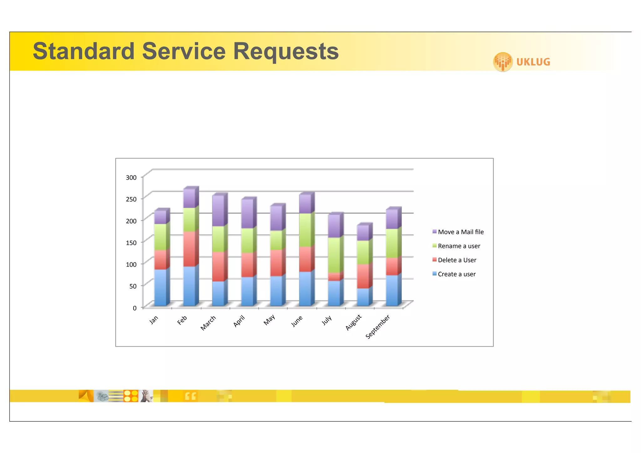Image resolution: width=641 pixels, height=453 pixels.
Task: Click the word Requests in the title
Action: (286, 51)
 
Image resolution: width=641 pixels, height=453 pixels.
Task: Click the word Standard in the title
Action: (84, 51)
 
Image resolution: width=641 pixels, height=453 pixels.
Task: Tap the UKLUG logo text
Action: (533, 62)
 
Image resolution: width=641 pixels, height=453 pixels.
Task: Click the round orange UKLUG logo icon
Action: (503, 62)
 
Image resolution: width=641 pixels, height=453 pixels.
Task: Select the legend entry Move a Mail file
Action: (460, 232)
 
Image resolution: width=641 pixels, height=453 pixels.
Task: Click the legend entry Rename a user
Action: (459, 246)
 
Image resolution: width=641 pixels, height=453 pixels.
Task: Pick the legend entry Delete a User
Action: (457, 260)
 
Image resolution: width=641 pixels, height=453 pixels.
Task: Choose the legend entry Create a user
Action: (456, 274)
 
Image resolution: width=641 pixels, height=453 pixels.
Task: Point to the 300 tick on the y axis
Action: (131, 178)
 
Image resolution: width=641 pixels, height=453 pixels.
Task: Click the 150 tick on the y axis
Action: (131, 243)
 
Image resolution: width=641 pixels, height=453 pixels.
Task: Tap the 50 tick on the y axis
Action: (133, 286)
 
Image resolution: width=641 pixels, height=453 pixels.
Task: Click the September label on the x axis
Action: (378, 327)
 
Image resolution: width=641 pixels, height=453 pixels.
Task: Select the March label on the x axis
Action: (208, 323)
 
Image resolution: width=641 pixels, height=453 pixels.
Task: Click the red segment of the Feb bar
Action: (189, 249)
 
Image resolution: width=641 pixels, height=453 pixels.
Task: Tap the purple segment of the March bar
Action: (218, 210)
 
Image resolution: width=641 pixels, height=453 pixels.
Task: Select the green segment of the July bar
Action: (334, 255)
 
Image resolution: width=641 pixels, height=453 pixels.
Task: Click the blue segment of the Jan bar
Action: (160, 287)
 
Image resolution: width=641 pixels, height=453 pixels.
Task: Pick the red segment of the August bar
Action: (363, 276)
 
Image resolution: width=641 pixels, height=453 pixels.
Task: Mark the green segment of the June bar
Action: (305, 230)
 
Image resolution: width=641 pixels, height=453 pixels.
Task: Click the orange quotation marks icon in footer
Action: (190, 396)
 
